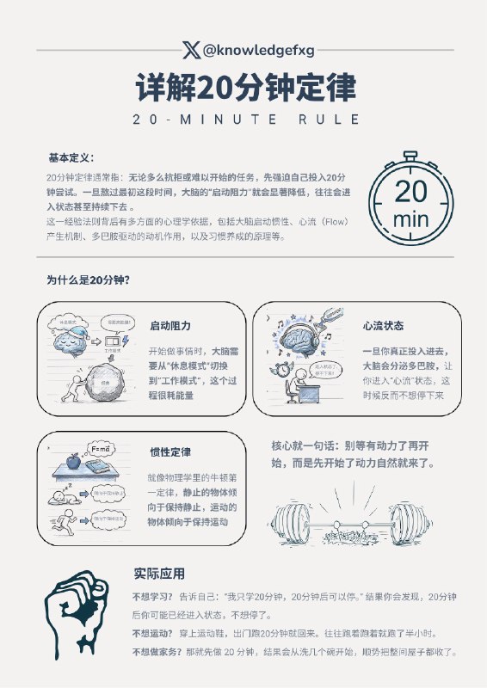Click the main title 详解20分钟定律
244,88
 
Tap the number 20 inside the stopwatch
410,191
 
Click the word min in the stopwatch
410,219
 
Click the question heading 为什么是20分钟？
89,279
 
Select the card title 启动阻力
170,327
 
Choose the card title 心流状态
384,327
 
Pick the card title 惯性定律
170,452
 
